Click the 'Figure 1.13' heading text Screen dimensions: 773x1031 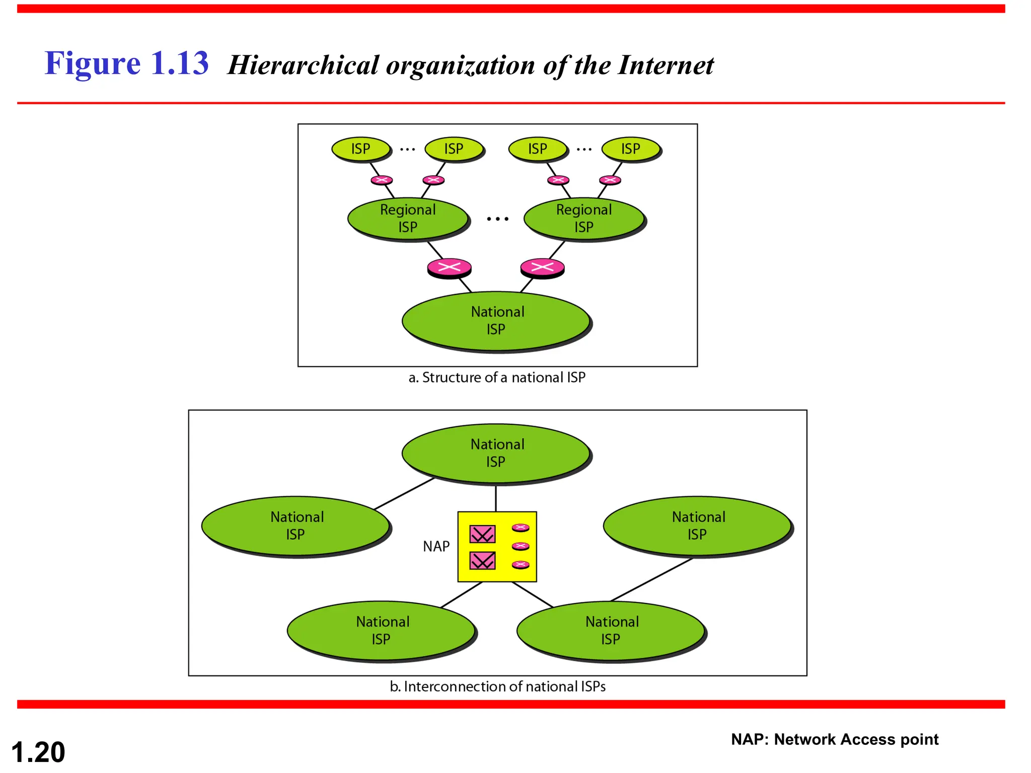pyautogui.click(x=126, y=64)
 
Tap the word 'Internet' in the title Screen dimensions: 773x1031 pyautogui.click(x=665, y=65)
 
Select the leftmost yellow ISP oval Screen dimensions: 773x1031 pyautogui.click(x=360, y=149)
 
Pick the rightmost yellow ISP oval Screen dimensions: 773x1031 pyautogui.click(x=630, y=149)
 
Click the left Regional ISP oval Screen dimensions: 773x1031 pyautogui.click(x=408, y=218)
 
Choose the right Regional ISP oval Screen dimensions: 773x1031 pyautogui.click(x=584, y=218)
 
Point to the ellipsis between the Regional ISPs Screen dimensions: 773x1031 pyautogui.click(x=497, y=219)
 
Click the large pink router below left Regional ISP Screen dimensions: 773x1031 pyautogui.click(x=449, y=268)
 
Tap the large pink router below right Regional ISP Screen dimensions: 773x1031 pyautogui.click(x=542, y=268)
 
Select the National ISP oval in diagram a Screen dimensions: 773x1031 pyautogui.click(x=496, y=321)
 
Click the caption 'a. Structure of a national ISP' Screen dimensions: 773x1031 pyautogui.click(x=497, y=377)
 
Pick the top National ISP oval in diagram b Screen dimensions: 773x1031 pyautogui.click(x=496, y=453)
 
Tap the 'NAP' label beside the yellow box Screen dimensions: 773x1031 pyautogui.click(x=436, y=547)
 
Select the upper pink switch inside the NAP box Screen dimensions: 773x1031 pyautogui.click(x=482, y=534)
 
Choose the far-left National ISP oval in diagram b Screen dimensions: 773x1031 pyautogui.click(x=296, y=525)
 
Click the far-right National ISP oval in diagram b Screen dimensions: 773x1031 pyautogui.click(x=698, y=525)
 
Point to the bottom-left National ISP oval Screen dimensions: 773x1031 pyautogui.click(x=382, y=630)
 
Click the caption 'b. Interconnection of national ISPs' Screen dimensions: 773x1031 pyautogui.click(x=497, y=686)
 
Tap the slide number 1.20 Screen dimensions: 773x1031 pyautogui.click(x=38, y=752)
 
